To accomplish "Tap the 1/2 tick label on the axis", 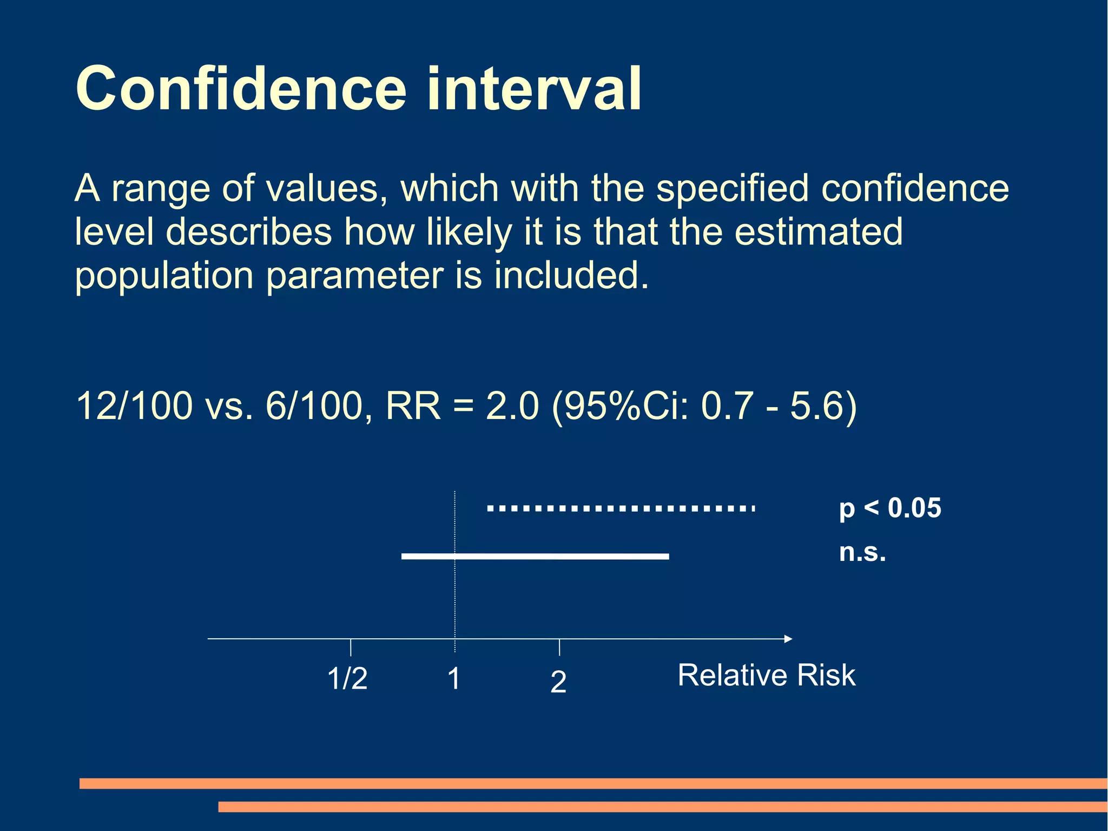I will coord(347,678).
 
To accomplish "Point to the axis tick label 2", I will coord(558,682).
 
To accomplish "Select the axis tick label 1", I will coord(454,678).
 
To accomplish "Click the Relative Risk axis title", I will coord(767,675).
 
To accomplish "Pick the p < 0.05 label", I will coord(890,508).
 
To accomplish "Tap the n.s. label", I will coord(862,553).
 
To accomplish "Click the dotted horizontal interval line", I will coord(621,508).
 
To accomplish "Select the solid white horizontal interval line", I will coord(535,556).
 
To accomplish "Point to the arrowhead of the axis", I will coord(788,639).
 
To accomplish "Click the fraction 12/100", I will coord(134,405).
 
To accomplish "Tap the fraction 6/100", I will coord(313,405).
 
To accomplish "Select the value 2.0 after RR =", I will coord(512,405).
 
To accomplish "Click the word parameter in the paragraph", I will coord(355,276).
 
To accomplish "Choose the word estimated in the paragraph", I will coord(819,232).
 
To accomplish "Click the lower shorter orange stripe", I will coord(662,807).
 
